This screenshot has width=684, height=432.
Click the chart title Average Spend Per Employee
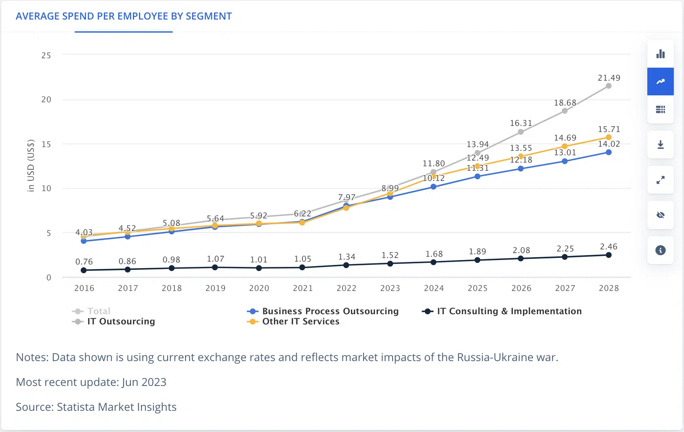click(124, 16)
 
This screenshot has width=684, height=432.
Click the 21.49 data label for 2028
click(609, 78)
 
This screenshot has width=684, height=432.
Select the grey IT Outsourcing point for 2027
click(565, 111)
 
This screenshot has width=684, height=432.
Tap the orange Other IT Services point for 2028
click(609, 137)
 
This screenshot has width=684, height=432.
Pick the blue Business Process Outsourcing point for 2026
click(521, 169)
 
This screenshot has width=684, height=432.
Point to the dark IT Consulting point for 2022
click(346, 265)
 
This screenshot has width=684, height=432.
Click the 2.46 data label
click(609, 247)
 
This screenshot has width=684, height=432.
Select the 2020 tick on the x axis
click(259, 288)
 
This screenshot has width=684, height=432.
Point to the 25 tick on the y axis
click(46, 55)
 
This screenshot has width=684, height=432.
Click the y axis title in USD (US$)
click(31, 166)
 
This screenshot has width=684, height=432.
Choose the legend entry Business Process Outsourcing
click(323, 311)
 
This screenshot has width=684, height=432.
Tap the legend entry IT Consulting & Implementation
click(502, 311)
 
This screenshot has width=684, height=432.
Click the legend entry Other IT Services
click(293, 321)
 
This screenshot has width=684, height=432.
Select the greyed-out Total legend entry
click(91, 311)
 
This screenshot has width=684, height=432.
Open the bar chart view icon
click(660, 54)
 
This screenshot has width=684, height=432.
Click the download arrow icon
click(660, 144)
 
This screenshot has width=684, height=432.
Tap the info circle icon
click(660, 250)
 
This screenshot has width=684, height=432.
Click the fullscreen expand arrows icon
click(660, 180)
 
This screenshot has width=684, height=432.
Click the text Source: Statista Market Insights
click(96, 407)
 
